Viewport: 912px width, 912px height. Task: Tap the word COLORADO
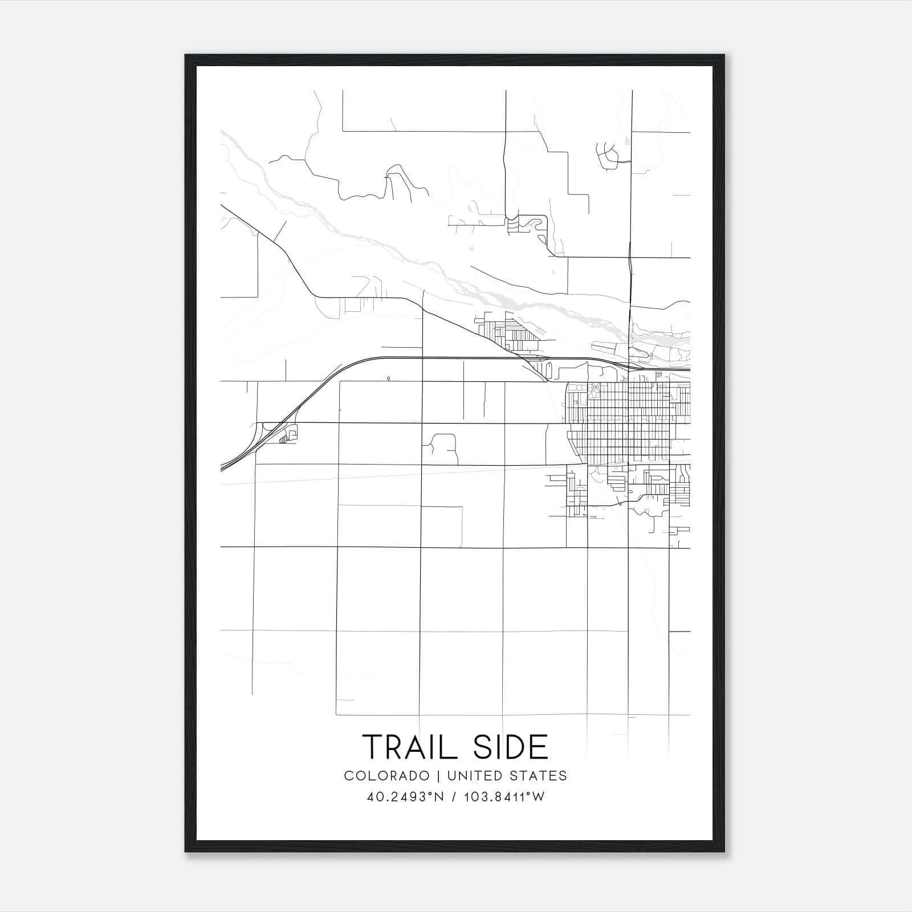click(x=386, y=776)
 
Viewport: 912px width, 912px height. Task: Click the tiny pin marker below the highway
click(x=388, y=378)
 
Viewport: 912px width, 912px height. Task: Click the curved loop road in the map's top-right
click(x=608, y=153)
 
